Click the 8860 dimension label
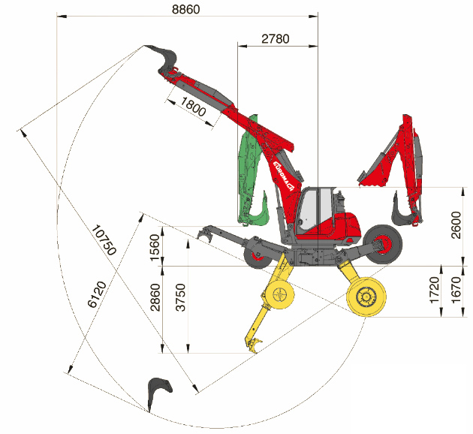tap(186, 9)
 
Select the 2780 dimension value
tap(275, 39)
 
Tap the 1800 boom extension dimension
tap(194, 107)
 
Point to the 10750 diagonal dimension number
tap(104, 240)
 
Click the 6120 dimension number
tap(97, 294)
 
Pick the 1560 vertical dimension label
tap(155, 247)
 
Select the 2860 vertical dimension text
tap(155, 297)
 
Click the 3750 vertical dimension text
tap(181, 297)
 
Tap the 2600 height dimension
tap(456, 225)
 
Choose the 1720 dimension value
tap(434, 290)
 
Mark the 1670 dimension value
tap(456, 290)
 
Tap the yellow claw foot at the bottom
tap(254, 345)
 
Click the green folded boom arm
tap(251, 175)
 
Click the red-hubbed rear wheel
tap(382, 244)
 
